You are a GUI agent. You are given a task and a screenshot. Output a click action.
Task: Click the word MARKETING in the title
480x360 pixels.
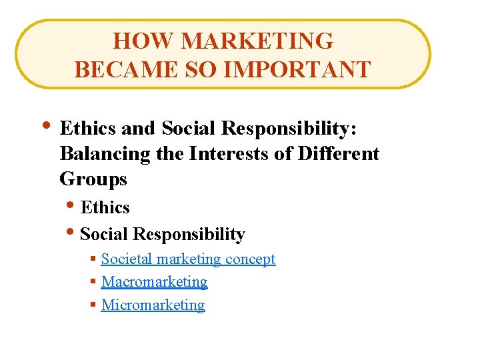tap(257, 41)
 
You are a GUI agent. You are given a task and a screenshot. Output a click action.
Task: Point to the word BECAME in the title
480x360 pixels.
tap(122, 69)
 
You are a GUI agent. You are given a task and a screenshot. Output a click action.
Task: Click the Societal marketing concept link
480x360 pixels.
tap(188, 259)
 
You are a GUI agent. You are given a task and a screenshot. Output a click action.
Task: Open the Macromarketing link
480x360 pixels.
tap(154, 281)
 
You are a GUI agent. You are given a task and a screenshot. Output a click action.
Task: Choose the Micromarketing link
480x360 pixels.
tap(153, 305)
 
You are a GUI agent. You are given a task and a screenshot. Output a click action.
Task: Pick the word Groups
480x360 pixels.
tap(93, 179)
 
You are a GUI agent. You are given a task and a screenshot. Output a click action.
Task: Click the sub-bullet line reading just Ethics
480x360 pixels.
tap(105, 207)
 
